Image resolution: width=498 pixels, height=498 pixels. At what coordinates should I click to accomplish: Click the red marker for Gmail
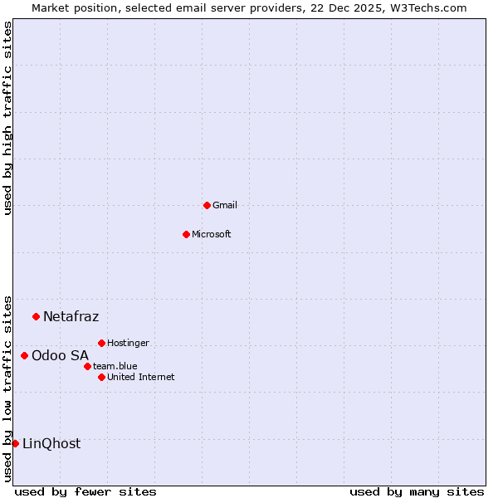tap(207, 205)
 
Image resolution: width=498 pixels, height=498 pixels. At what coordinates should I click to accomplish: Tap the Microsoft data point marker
tap(186, 234)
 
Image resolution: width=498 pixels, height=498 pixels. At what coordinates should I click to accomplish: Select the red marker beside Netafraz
tap(36, 316)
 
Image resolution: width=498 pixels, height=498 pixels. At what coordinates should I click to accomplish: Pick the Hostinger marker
tap(101, 343)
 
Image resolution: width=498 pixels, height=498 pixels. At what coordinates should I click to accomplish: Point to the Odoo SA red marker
tap(24, 355)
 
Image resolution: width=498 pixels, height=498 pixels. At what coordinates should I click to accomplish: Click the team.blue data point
tap(87, 366)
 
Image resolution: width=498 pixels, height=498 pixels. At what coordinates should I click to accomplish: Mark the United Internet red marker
tap(101, 377)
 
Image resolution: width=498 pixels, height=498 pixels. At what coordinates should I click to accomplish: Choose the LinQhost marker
tap(15, 443)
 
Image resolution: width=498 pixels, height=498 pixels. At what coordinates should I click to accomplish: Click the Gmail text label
tap(225, 205)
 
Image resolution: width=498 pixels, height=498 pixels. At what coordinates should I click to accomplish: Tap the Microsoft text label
tap(212, 234)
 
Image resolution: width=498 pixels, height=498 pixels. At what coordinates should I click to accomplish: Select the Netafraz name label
tap(71, 316)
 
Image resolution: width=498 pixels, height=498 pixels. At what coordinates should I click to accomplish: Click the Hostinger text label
tap(128, 343)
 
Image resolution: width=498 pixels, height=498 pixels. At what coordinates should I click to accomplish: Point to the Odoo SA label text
tap(60, 355)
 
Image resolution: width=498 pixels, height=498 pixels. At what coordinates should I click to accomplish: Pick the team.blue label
tap(115, 366)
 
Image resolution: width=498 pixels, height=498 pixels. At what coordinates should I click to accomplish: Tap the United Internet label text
tap(141, 377)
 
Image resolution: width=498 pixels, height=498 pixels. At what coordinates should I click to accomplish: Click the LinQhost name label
tap(51, 443)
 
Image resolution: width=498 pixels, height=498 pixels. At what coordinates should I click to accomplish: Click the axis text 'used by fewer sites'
tap(85, 491)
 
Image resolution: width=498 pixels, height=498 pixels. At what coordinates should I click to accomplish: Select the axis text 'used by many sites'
tap(417, 491)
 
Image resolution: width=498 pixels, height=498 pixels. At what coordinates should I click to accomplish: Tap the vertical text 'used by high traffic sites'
tap(7, 118)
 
